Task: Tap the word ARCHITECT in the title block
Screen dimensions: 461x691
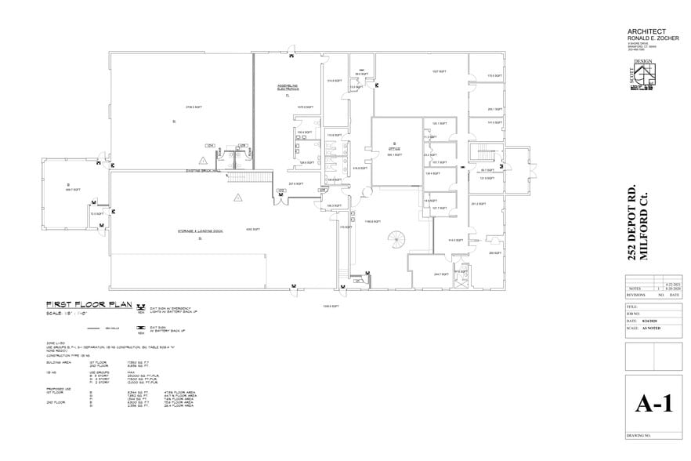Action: point(647,31)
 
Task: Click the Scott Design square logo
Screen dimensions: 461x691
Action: point(647,76)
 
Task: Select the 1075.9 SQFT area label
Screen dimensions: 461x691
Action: point(305,107)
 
